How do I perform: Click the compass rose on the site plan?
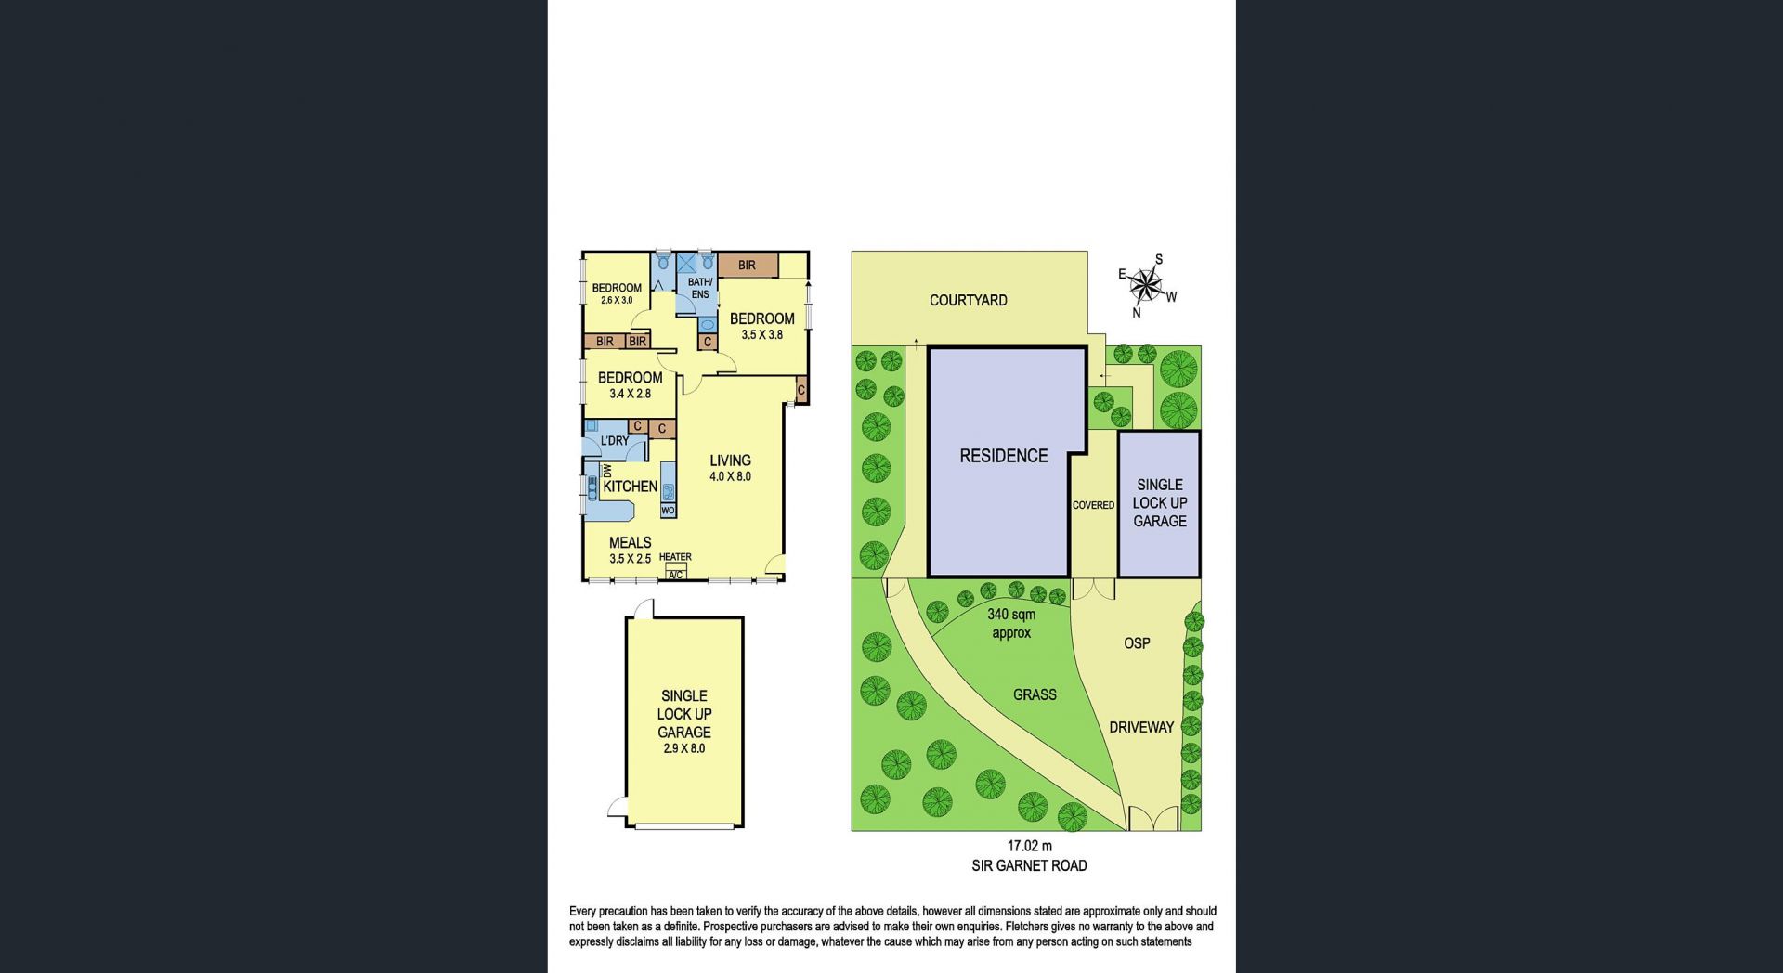(1148, 285)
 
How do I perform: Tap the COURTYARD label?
(969, 301)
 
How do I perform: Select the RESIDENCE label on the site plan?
(1004, 456)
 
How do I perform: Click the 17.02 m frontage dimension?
(1030, 846)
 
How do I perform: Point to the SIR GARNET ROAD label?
(1029, 865)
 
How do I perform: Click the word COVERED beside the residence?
(1093, 505)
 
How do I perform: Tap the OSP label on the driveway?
(1137, 642)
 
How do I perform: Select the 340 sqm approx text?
(1011, 624)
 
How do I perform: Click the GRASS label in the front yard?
(1035, 694)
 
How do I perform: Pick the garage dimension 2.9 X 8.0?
(684, 748)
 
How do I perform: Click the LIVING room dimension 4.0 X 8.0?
(730, 477)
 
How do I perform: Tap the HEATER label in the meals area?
(675, 557)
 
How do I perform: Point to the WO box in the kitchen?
(668, 511)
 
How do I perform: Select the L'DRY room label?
(615, 441)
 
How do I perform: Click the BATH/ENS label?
(700, 288)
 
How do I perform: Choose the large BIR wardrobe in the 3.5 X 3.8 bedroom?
(748, 266)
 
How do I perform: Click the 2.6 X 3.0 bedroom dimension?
(617, 301)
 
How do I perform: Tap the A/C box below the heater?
(675, 575)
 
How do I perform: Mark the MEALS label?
(630, 542)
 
